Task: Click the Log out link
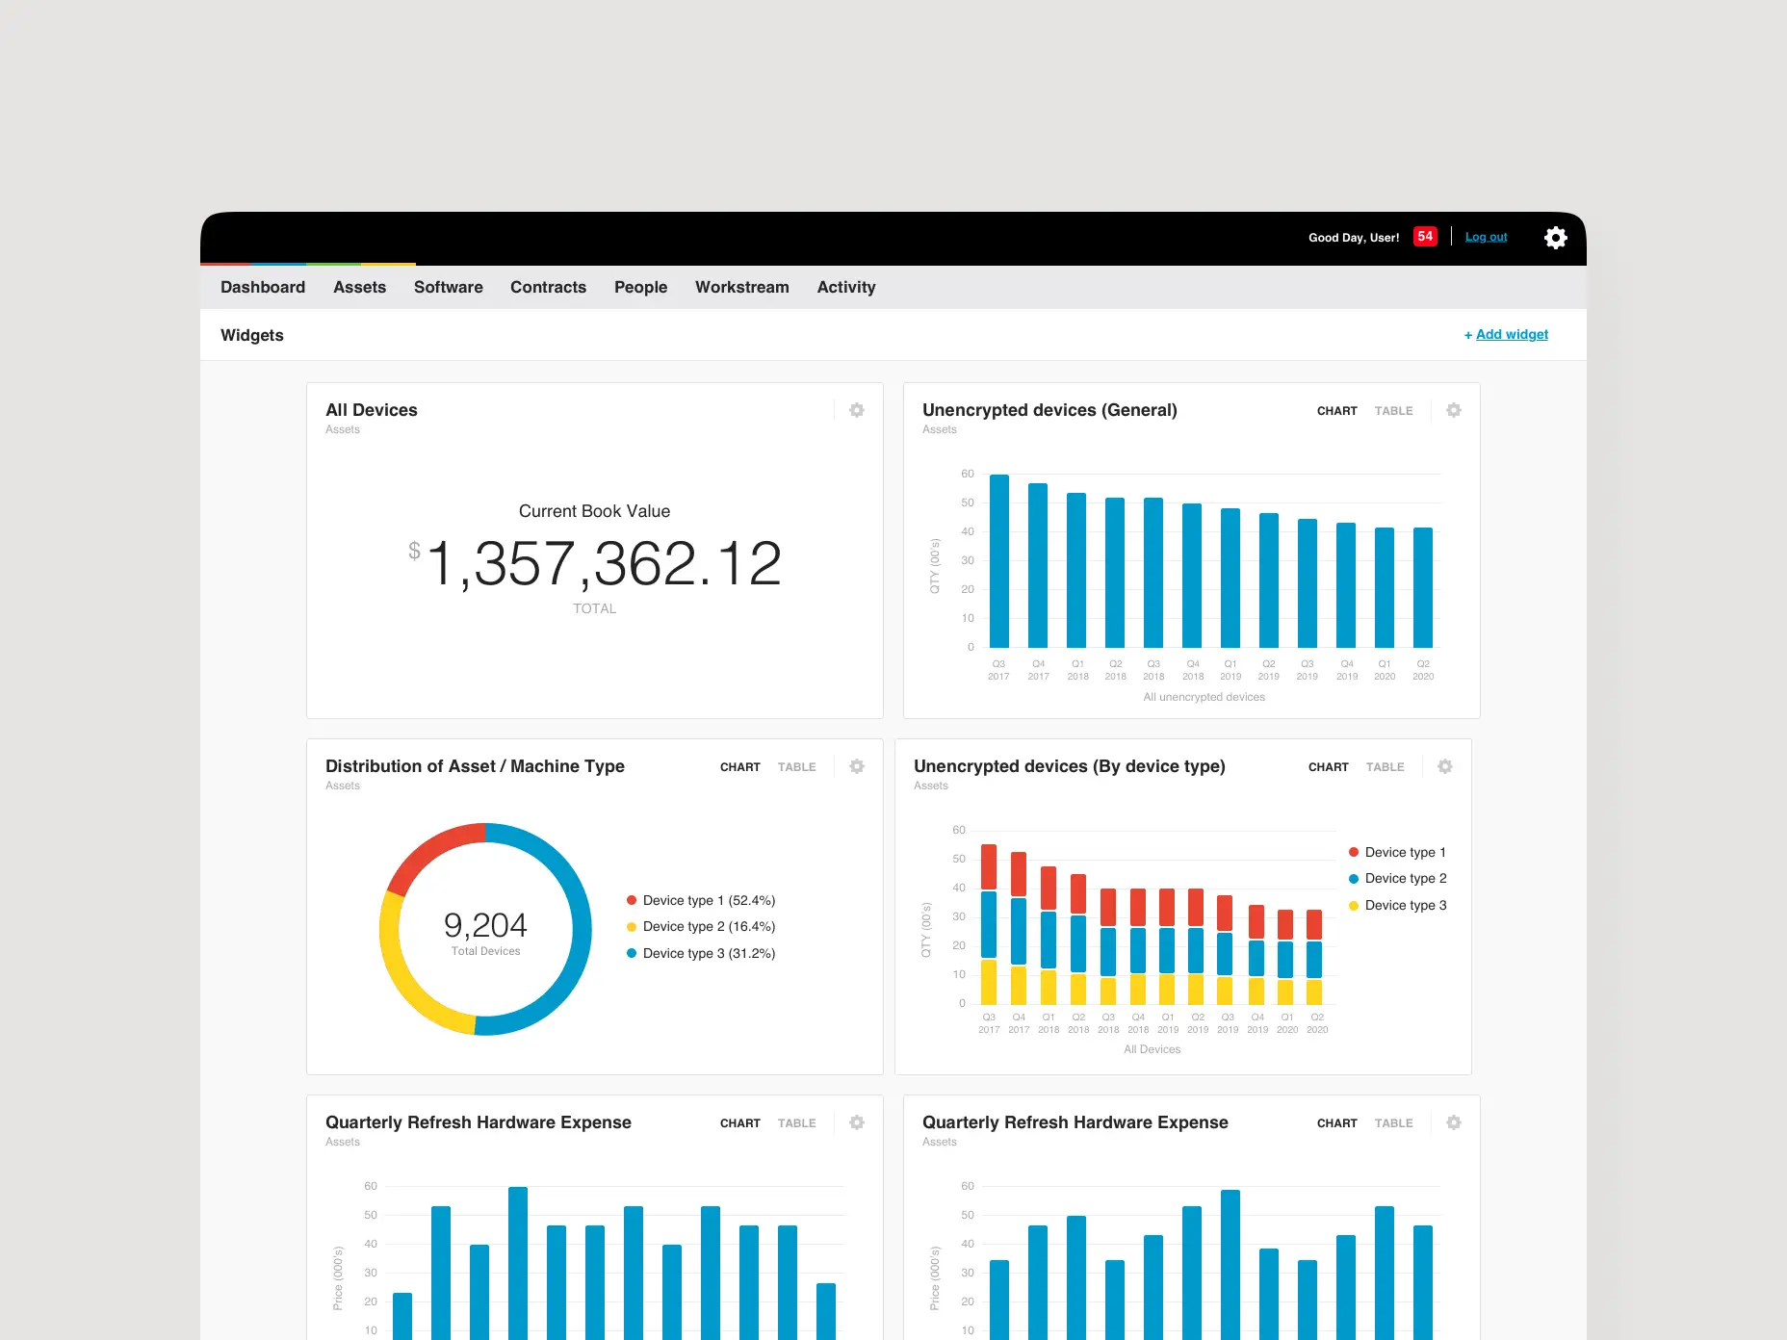click(x=1486, y=237)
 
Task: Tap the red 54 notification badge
click(x=1425, y=237)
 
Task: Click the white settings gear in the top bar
click(x=1555, y=238)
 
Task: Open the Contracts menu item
click(x=548, y=287)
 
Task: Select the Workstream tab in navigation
click(x=741, y=287)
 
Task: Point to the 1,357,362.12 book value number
click(x=604, y=563)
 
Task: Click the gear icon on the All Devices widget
click(x=856, y=410)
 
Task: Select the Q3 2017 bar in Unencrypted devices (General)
click(x=999, y=560)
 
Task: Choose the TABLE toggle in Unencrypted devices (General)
click(x=1393, y=411)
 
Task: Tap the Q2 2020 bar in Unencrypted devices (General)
click(x=1422, y=587)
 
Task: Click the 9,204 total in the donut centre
click(x=485, y=925)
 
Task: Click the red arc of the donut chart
click(x=428, y=848)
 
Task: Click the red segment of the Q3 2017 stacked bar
click(x=989, y=866)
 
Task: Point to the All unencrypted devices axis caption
click(x=1204, y=697)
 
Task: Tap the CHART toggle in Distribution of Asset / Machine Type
click(x=739, y=767)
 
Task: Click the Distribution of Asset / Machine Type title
click(x=475, y=766)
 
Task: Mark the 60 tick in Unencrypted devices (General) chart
click(x=967, y=474)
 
